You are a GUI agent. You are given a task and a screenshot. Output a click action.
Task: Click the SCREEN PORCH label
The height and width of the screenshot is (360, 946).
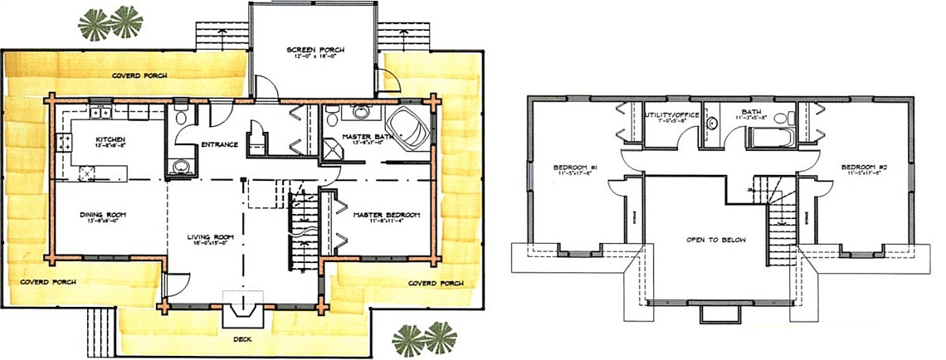point(315,50)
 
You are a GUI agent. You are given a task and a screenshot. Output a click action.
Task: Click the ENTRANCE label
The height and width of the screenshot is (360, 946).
point(220,144)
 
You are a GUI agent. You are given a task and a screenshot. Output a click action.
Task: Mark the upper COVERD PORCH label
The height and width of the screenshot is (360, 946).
point(139,75)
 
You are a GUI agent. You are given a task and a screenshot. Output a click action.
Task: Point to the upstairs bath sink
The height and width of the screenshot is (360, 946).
point(712,125)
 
